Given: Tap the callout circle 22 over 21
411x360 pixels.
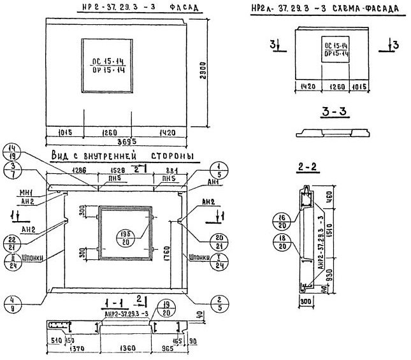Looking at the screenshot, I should (14, 243).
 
